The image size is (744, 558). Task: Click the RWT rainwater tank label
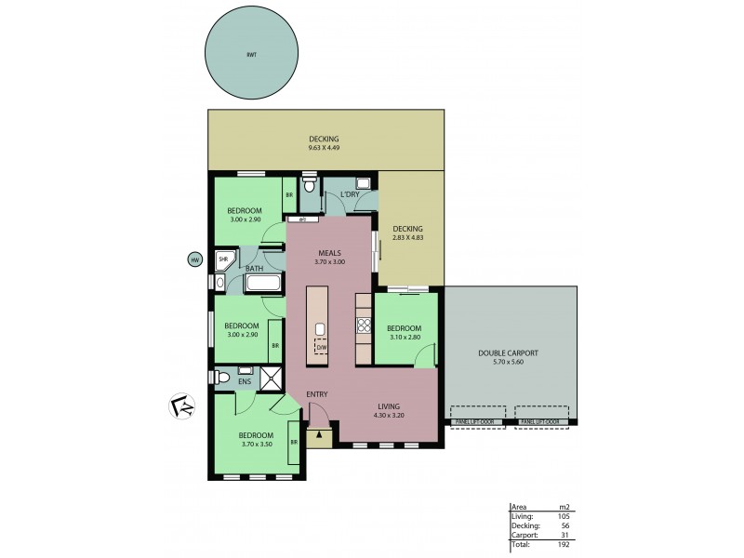[x=252, y=55]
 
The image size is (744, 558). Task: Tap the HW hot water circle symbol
[x=195, y=260]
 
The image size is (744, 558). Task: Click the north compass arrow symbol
[x=183, y=405]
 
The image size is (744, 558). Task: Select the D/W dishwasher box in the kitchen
[x=321, y=347]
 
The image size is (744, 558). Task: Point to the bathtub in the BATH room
[x=266, y=283]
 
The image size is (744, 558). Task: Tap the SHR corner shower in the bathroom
[x=224, y=260]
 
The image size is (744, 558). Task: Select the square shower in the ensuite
[x=272, y=379]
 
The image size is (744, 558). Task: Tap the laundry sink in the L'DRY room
[x=364, y=183]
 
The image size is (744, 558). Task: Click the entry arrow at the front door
[x=319, y=432]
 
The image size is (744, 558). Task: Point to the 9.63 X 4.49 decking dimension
[x=325, y=148]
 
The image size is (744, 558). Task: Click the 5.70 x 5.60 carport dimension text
[x=509, y=363]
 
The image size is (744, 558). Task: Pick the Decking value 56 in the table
[x=564, y=526]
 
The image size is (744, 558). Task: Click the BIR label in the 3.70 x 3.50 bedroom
[x=294, y=442]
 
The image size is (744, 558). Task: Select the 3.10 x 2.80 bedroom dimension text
[x=404, y=338]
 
